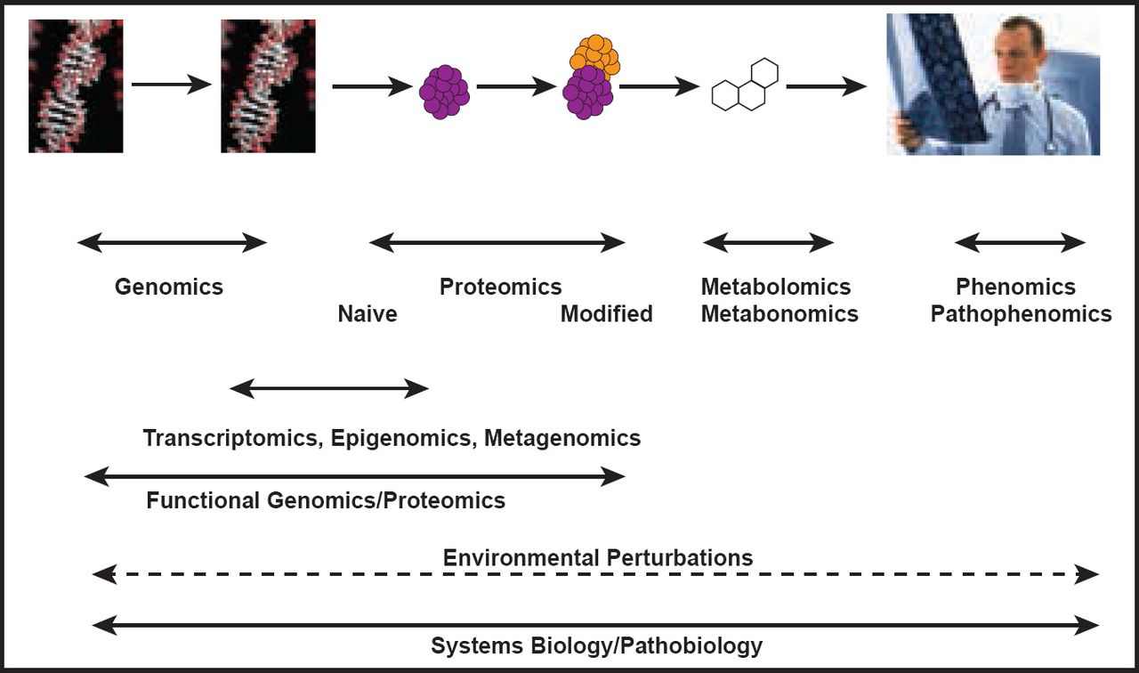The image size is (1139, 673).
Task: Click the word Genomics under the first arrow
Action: (169, 287)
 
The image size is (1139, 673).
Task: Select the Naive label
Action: (368, 314)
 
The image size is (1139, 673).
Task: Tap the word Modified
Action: (606, 314)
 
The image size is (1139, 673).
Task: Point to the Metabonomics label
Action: (780, 314)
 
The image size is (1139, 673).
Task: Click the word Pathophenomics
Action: (1021, 314)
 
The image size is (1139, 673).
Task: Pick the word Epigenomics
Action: (402, 438)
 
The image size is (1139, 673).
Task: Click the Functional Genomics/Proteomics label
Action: (326, 500)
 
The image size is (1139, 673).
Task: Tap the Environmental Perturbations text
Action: (598, 558)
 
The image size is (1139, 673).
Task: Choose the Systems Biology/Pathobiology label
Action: (596, 646)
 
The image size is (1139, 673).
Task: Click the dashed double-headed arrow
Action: (596, 575)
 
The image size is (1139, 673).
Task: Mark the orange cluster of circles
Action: (595, 54)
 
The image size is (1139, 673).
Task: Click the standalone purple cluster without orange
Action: (444, 90)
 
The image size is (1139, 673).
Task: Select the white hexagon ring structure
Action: (746, 85)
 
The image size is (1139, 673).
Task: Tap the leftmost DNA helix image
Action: (76, 86)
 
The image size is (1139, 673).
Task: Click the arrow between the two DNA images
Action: (171, 85)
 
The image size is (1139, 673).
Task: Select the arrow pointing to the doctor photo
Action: (826, 86)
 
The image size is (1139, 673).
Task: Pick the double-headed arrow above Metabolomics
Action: (768, 242)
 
